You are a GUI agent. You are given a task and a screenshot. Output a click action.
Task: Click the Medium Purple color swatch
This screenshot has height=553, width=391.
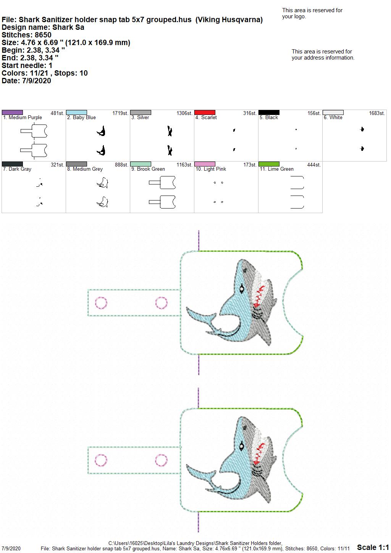click(12, 112)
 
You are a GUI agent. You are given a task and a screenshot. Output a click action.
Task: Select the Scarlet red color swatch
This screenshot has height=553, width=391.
click(205, 112)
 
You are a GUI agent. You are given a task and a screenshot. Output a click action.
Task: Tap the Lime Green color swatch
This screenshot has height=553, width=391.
click(269, 164)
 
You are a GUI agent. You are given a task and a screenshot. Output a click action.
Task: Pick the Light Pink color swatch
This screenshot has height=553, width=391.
click(205, 164)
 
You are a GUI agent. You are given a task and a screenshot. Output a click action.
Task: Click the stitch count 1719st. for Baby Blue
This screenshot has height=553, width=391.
click(120, 113)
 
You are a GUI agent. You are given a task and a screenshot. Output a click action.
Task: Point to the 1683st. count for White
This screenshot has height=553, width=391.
click(377, 113)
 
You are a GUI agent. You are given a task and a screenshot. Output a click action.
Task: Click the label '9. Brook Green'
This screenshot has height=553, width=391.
click(148, 169)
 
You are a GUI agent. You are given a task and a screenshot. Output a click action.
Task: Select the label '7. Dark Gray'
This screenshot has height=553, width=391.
click(17, 169)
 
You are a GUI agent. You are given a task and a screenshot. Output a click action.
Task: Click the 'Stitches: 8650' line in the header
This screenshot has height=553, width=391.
click(26, 35)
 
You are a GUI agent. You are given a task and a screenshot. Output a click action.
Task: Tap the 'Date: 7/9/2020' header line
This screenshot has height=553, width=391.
click(26, 81)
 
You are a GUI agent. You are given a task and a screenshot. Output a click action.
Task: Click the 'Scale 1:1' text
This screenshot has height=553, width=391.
click(373, 547)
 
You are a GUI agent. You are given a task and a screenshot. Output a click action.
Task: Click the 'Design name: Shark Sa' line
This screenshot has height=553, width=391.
click(43, 27)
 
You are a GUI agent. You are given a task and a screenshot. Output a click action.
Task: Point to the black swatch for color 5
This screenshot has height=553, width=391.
click(269, 112)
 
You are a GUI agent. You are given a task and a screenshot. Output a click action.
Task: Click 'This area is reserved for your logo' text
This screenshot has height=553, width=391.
click(312, 13)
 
